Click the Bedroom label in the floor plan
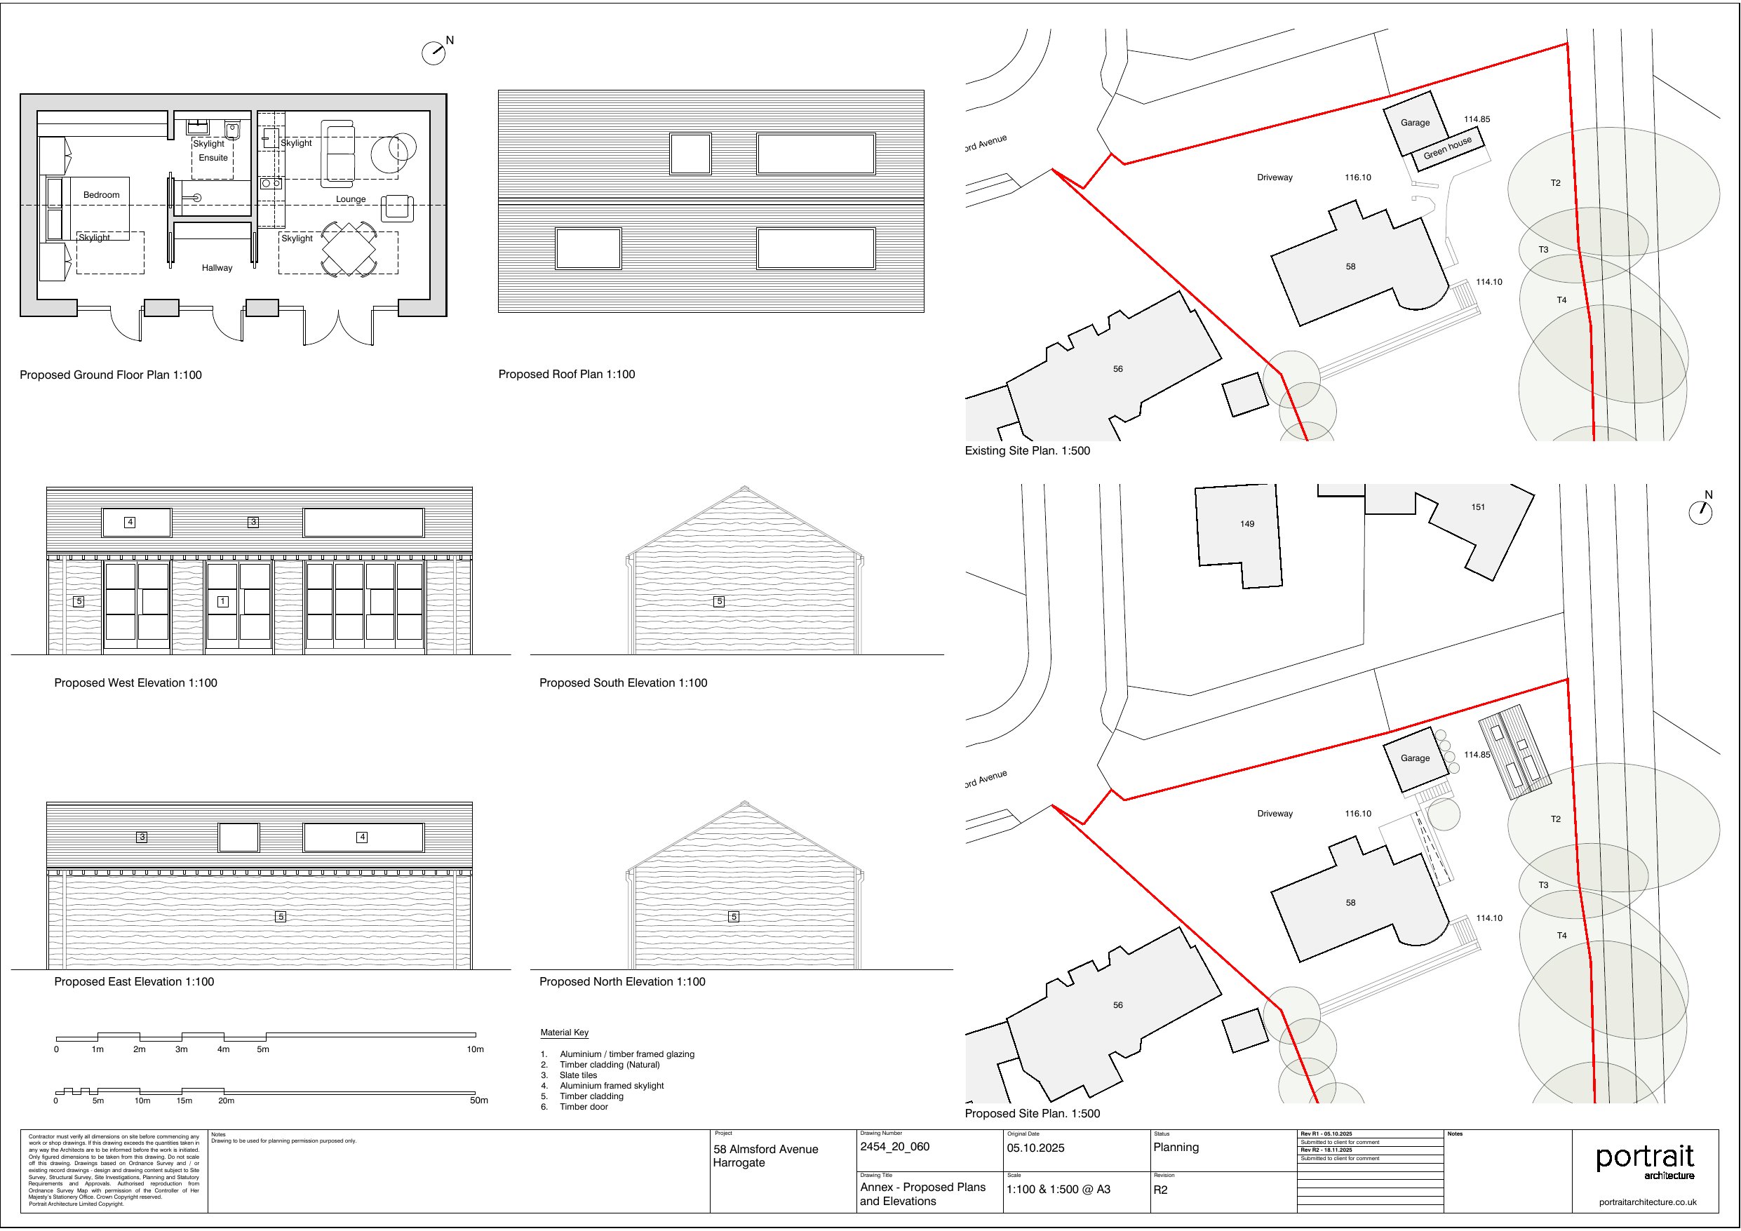tap(101, 195)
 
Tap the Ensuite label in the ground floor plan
tap(213, 158)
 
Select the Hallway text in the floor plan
tap(217, 268)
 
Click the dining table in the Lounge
tap(349, 249)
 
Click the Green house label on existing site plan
tap(1447, 148)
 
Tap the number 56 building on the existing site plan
tap(1117, 370)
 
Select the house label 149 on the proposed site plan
tap(1247, 524)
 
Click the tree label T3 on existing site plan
tap(1543, 250)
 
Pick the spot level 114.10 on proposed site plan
tap(1488, 918)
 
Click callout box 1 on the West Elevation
tap(223, 601)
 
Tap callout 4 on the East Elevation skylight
tap(363, 838)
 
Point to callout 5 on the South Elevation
tap(720, 601)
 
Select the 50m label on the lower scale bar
tap(478, 1101)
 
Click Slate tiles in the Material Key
tap(578, 1075)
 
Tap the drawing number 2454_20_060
tap(894, 1147)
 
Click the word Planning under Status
tap(1176, 1148)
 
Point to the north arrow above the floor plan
tap(434, 52)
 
